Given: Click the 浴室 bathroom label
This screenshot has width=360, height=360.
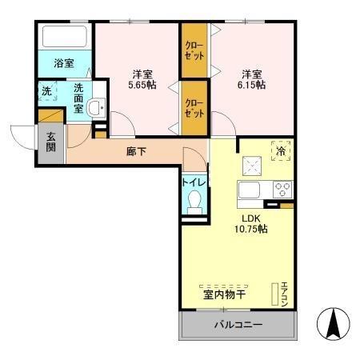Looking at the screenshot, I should point(65,62).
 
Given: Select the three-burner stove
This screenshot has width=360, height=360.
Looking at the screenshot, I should point(282,190).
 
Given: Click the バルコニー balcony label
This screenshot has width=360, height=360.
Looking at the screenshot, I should point(237,326).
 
